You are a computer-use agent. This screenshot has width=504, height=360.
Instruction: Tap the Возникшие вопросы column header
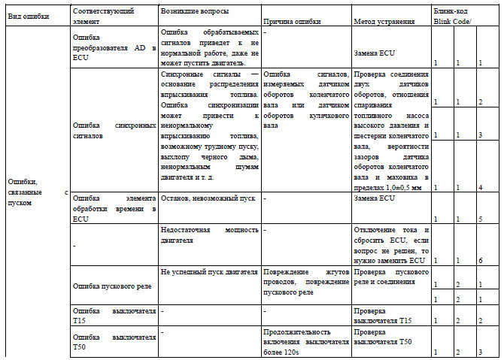(196, 11)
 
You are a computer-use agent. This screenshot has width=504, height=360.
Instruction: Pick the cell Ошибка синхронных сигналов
(114, 132)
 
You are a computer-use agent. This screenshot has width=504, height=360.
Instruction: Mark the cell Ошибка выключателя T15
(114, 315)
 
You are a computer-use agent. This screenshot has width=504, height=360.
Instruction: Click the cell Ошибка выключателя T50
(114, 341)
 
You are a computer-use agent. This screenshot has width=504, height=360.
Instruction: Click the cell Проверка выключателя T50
(383, 337)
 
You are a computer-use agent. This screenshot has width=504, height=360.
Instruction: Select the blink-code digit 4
(480, 186)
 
